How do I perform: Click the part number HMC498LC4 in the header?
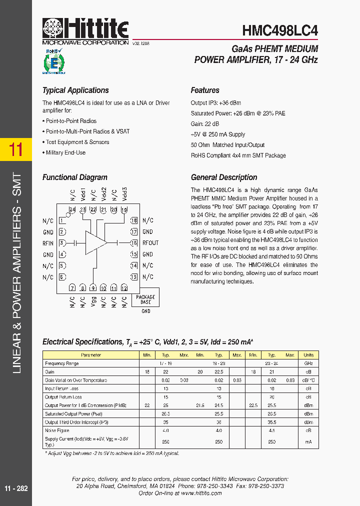click(280, 30)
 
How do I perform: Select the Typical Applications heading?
click(75, 90)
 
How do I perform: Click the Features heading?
click(205, 90)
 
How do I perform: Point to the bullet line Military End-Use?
click(65, 152)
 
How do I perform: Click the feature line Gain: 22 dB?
click(205, 124)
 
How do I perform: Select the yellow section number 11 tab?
click(16, 149)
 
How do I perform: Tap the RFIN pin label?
click(48, 243)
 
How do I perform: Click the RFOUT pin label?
click(150, 243)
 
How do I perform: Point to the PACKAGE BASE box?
click(145, 299)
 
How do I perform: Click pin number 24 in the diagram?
click(72, 210)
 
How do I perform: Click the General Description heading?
click(224, 177)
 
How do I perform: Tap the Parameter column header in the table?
click(91, 355)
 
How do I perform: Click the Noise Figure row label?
click(57, 430)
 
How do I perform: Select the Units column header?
click(308, 355)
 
